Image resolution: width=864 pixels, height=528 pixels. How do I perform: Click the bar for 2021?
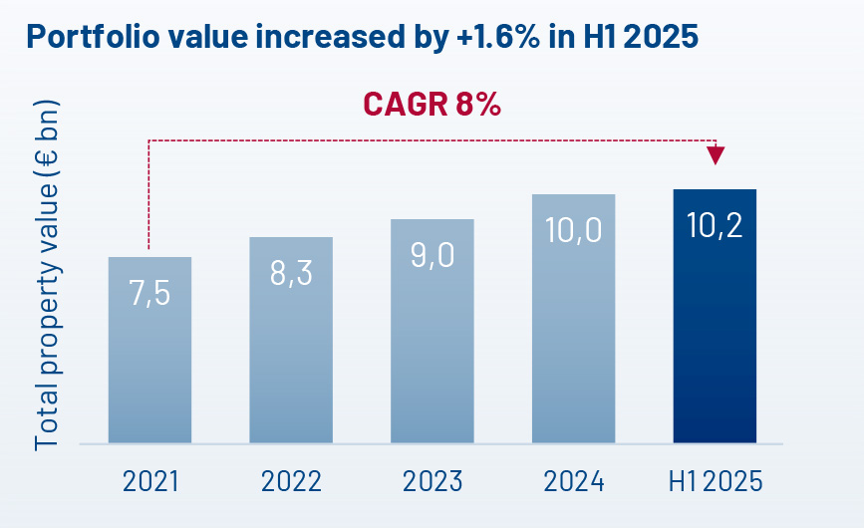click(x=149, y=359)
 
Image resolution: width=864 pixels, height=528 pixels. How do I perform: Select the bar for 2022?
click(x=291, y=349)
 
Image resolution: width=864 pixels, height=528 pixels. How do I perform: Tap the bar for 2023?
click(x=432, y=339)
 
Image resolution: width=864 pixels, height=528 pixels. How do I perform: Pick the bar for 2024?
click(x=573, y=329)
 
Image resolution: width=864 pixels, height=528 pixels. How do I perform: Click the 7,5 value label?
click(x=149, y=294)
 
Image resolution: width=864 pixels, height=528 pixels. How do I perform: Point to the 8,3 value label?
click(x=291, y=273)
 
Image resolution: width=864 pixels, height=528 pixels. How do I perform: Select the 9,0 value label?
click(x=432, y=255)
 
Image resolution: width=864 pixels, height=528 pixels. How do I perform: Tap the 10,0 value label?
click(x=573, y=230)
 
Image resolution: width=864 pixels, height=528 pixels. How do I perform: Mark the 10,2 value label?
click(x=715, y=225)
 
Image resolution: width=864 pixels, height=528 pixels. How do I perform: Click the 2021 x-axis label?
click(x=150, y=482)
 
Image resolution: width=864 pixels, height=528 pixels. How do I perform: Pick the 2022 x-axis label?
click(x=291, y=482)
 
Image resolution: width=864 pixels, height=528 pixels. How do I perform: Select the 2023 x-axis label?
click(x=432, y=482)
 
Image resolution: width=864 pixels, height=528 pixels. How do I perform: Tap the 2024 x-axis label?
click(x=574, y=482)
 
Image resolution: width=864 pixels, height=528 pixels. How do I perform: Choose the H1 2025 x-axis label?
click(x=715, y=482)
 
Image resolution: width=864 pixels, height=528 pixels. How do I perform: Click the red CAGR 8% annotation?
click(x=432, y=104)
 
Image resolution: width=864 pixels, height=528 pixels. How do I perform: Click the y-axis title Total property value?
click(x=47, y=274)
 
